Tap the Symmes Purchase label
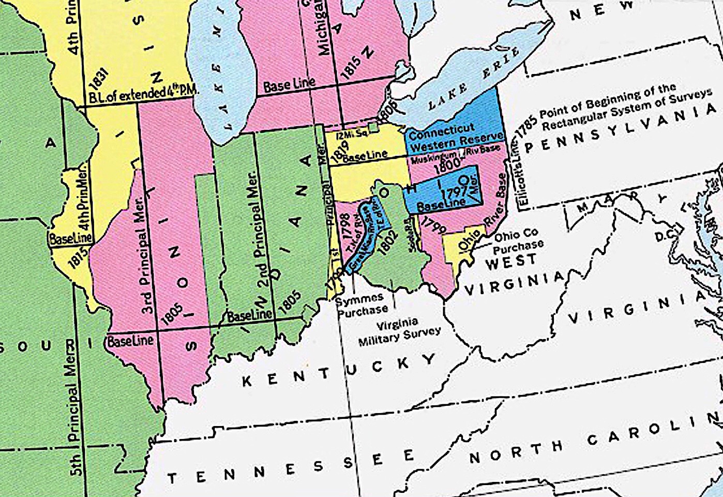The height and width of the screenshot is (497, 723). click(360, 304)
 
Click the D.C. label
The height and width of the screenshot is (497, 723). click(664, 236)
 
